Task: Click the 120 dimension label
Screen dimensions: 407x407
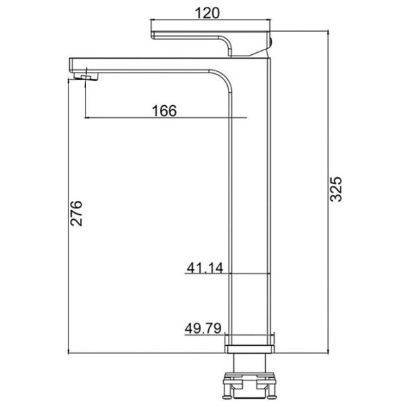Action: (x=207, y=13)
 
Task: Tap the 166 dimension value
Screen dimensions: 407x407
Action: (x=164, y=111)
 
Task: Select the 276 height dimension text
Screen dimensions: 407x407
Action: (x=76, y=213)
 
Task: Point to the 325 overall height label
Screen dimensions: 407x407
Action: (x=336, y=189)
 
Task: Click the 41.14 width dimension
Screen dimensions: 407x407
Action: (x=205, y=268)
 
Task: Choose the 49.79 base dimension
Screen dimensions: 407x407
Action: (x=203, y=328)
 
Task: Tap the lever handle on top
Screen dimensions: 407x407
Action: (x=211, y=43)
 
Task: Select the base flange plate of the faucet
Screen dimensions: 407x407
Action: (x=250, y=349)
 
